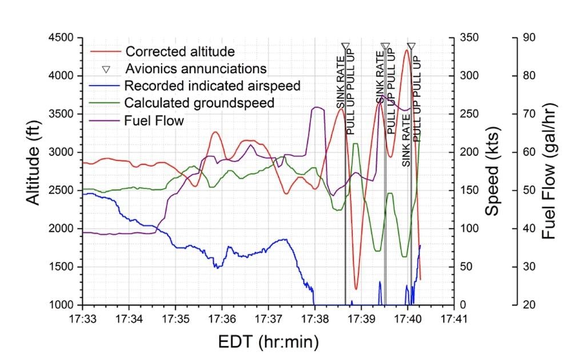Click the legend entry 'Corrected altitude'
[x=180, y=51]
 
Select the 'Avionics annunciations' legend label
[x=196, y=69]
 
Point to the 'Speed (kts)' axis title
[x=492, y=171]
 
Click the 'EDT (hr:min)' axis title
[x=269, y=342]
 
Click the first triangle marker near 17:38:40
[x=345, y=46]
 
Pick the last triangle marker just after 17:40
[x=411, y=46]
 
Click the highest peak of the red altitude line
[x=406, y=50]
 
